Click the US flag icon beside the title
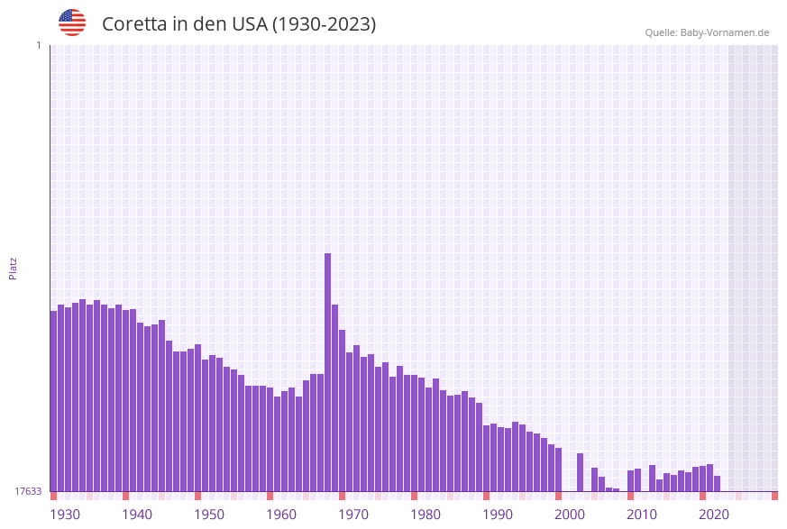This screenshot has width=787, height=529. pos(72,23)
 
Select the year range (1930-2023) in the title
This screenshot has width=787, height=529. pos(325,24)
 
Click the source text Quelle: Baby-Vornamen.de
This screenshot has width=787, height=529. pos(707,32)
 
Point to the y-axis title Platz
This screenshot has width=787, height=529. pos(14,269)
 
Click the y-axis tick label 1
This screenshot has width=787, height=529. pos(38,45)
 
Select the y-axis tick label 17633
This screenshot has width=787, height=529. pos(28,491)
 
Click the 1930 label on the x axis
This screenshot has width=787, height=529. pos(65,515)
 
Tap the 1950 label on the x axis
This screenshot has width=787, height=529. pos(209,515)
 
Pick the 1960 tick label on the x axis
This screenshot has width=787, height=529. pos(281,515)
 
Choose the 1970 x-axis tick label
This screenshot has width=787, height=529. pos(353,515)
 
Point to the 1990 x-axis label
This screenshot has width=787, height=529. pos(498,515)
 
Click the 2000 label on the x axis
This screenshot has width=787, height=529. pos(570,515)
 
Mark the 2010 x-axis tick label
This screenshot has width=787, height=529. pos(642,515)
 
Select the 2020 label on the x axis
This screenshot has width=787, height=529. pos(714,515)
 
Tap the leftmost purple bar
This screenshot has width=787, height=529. pos(53,401)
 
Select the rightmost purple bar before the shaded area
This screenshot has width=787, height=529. pos(718,484)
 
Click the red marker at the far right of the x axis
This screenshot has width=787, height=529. pos(774,496)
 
